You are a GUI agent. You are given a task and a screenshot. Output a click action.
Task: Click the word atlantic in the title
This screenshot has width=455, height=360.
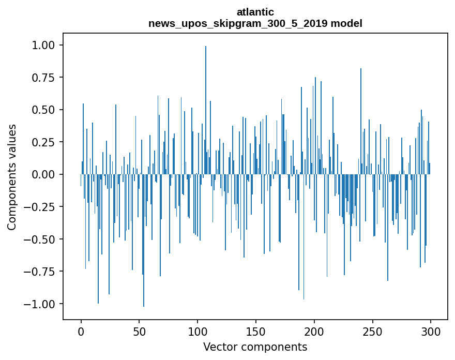pyautogui.click(x=255, y=12)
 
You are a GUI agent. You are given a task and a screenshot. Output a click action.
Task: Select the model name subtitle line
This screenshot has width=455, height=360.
pyautogui.click(x=255, y=23)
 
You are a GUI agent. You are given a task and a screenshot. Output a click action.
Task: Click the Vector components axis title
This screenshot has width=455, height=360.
pyautogui.click(x=255, y=347)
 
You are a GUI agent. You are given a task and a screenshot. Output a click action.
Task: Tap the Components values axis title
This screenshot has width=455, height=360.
pyautogui.click(x=12, y=176)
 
